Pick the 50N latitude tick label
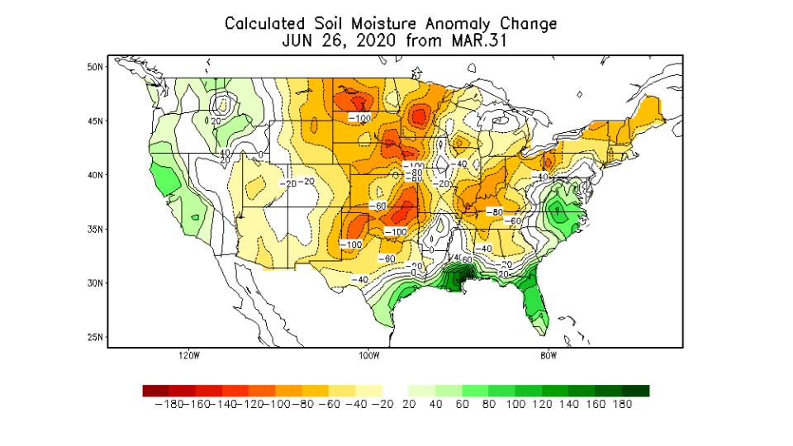pos(95,67)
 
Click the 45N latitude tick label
pos(95,121)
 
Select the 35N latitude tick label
pos(95,229)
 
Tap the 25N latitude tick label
pos(95,337)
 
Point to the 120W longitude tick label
pos(189,357)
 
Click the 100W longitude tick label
pos(368,357)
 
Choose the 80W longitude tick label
pos(548,357)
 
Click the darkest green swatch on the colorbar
pos(636,391)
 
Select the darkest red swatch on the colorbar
pos(155,391)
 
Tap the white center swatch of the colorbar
pos(396,391)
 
